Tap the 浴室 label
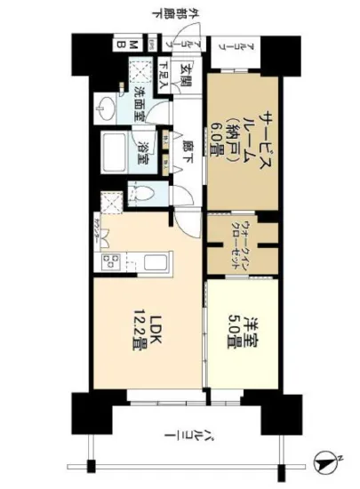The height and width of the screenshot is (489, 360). (x=141, y=155)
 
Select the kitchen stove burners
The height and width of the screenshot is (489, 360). (x=111, y=263)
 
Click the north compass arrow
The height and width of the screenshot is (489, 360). (x=328, y=461)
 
